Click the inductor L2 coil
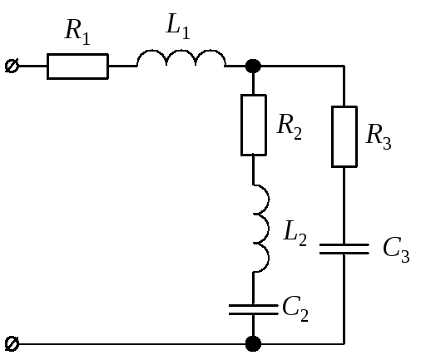(x=268, y=229)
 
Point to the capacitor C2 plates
(x=254, y=309)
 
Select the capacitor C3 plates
(x=344, y=249)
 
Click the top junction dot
(x=253, y=67)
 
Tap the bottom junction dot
(x=253, y=344)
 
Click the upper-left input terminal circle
(x=12, y=67)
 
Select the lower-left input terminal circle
(x=12, y=344)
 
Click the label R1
(x=77, y=32)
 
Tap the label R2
(x=290, y=126)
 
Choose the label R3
(x=379, y=136)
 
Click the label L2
(x=295, y=233)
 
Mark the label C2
(x=295, y=308)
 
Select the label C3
(x=396, y=249)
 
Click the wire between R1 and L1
(x=122, y=67)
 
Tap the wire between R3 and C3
(x=344, y=205)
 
